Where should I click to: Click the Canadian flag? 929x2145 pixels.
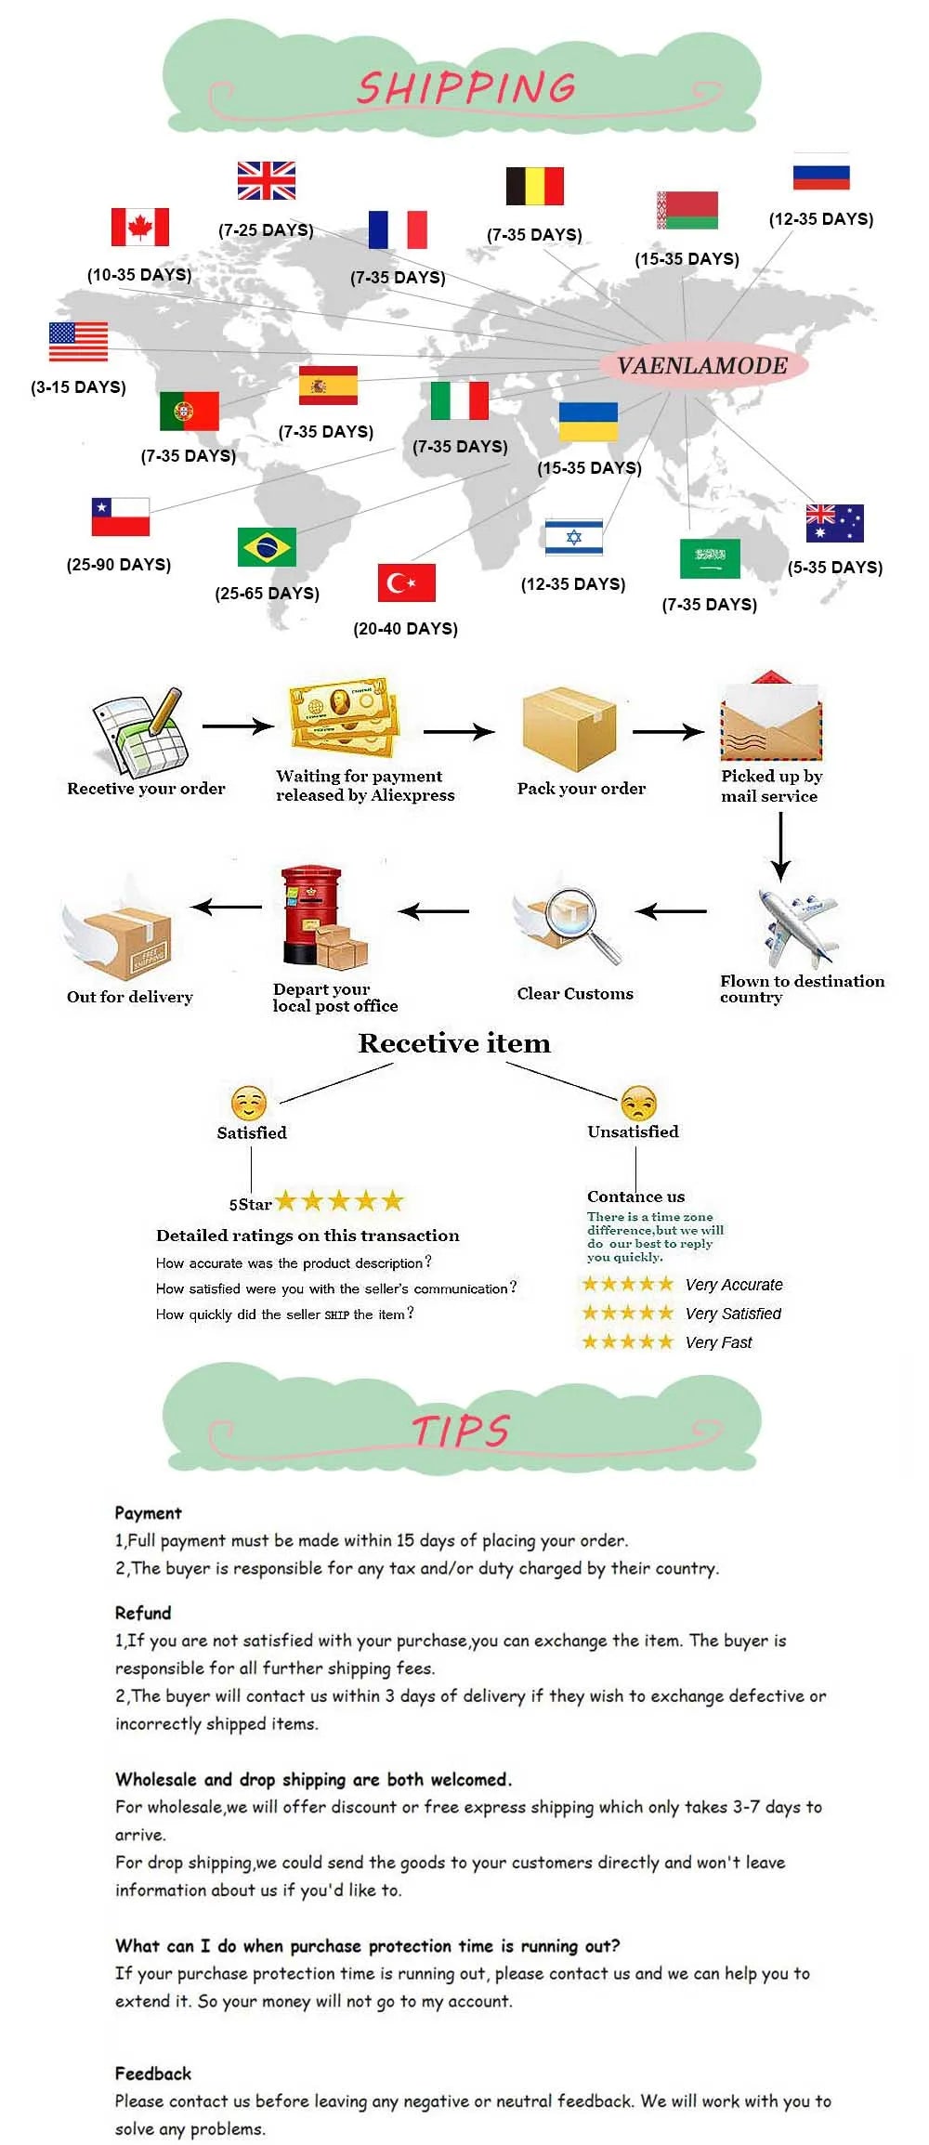[x=140, y=227]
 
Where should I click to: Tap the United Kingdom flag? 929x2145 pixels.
[x=266, y=180]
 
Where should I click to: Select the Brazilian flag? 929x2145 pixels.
[x=267, y=546]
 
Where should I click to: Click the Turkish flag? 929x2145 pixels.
[x=406, y=582]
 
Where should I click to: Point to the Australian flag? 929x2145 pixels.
[x=834, y=523]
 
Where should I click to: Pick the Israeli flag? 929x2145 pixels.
[x=573, y=538]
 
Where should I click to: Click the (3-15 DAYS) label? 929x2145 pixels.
[x=78, y=387]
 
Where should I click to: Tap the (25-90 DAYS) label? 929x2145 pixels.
[x=119, y=565]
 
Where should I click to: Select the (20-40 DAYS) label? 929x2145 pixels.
[x=405, y=629]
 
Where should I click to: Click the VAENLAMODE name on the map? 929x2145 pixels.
[x=702, y=366]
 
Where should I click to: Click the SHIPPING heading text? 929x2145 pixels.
[x=466, y=88]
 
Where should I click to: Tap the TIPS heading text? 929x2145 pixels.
[x=461, y=1431]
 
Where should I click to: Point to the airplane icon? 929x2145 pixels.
[x=797, y=928]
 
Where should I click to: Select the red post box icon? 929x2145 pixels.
[x=322, y=918]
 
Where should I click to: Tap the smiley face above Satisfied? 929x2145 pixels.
[x=249, y=1104]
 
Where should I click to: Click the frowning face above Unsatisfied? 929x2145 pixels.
[x=639, y=1103]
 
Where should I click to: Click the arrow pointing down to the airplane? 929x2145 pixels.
[x=780, y=847]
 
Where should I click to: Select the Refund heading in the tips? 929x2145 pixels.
[x=143, y=1613]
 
